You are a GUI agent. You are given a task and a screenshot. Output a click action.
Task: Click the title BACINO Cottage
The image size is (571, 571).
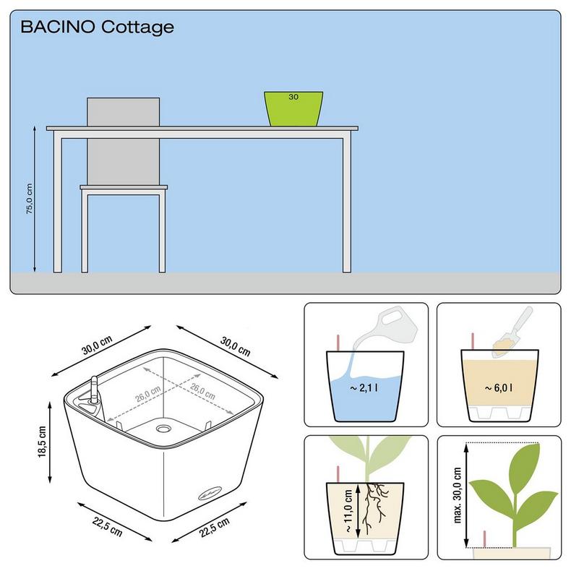click(x=98, y=27)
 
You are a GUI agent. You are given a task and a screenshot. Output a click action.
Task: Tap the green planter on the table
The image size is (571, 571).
click(x=293, y=108)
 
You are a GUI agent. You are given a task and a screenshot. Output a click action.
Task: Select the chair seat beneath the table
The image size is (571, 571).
click(x=124, y=188)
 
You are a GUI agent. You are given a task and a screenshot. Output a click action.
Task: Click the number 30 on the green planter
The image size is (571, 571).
click(x=293, y=96)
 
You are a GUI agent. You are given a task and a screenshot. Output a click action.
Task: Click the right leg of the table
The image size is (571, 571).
click(x=348, y=202)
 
